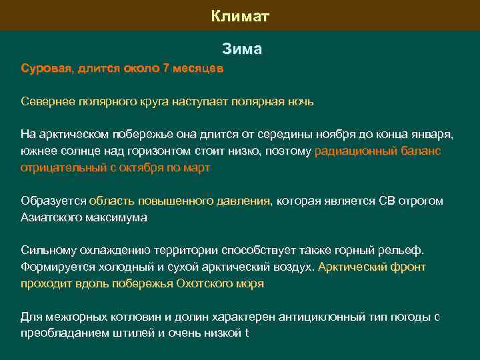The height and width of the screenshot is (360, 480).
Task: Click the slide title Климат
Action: (240, 15)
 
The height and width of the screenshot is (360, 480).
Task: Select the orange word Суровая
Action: (47, 68)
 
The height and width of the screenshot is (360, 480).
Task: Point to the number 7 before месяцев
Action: (166, 68)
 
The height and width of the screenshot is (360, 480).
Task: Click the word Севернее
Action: (48, 102)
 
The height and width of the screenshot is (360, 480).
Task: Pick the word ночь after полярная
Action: (299, 102)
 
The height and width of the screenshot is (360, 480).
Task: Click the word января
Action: (429, 135)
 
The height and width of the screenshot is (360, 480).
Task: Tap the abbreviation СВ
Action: (387, 201)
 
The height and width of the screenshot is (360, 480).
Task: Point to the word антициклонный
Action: (279, 317)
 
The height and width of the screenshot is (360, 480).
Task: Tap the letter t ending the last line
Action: (246, 333)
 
